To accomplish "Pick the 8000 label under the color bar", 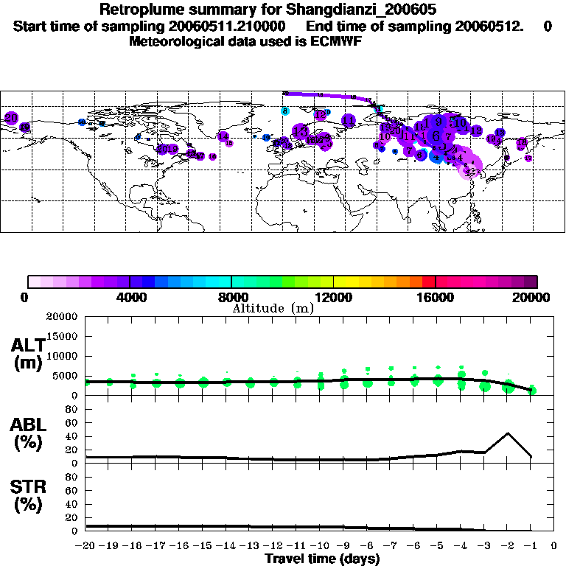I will (231, 298).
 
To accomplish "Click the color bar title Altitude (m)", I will (273, 308).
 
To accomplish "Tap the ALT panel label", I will (27, 354).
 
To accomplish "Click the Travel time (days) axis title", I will (322, 559).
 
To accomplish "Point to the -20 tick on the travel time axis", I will (86, 546).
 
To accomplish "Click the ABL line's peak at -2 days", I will (508, 433).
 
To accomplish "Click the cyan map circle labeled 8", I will (284, 111).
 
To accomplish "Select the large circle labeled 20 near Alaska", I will (11, 118).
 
